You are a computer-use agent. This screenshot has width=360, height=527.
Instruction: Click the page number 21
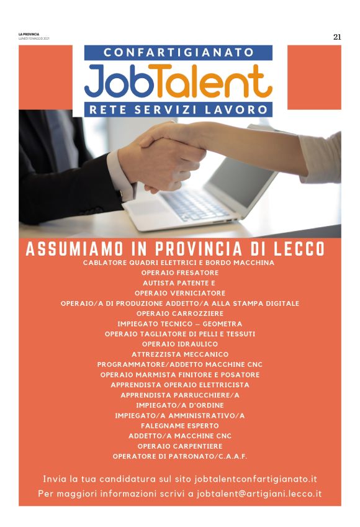click(x=337, y=37)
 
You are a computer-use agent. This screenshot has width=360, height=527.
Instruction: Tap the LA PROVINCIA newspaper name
click(x=29, y=34)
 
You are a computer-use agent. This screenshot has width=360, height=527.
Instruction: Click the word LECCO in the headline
click(x=297, y=250)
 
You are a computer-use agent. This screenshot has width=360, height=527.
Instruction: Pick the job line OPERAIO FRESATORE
click(x=179, y=273)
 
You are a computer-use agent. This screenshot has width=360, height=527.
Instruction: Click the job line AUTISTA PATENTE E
click(x=179, y=282)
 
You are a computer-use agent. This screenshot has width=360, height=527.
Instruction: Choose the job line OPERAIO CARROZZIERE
click(x=179, y=313)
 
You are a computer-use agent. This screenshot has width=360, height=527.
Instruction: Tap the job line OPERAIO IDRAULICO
click(x=179, y=344)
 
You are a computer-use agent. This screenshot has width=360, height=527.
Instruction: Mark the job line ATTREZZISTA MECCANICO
click(x=179, y=354)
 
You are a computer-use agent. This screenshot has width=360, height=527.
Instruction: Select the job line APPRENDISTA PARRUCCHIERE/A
click(x=179, y=395)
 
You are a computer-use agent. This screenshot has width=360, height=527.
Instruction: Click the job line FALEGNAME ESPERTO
click(x=179, y=426)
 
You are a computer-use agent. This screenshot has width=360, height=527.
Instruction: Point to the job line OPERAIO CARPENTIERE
click(x=179, y=446)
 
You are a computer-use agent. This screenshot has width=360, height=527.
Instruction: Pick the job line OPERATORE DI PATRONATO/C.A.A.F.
click(x=179, y=456)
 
